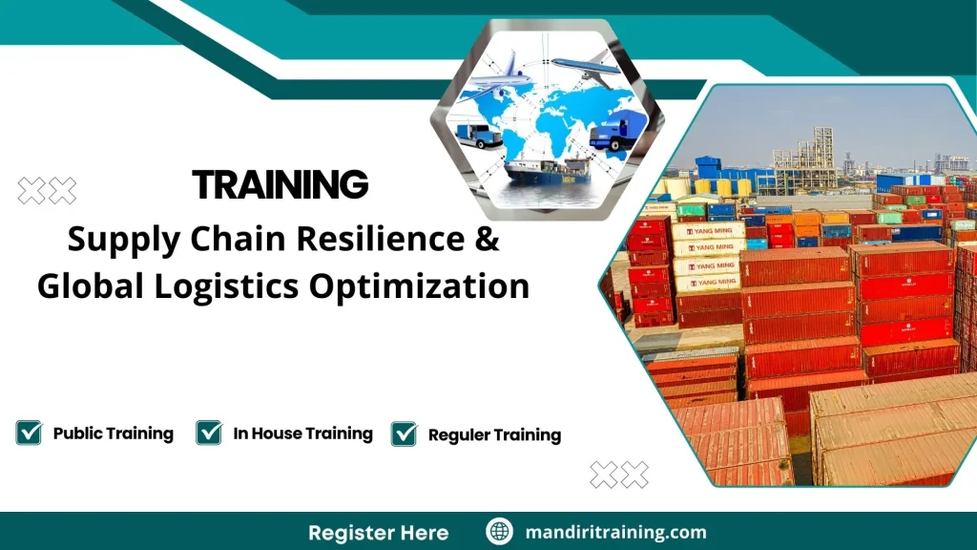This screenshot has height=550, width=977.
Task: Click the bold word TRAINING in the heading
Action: coord(280,184)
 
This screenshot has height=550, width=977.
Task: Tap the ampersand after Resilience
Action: coord(487,240)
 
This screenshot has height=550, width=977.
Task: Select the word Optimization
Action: coord(431,286)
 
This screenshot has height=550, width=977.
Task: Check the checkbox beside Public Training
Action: coord(29,433)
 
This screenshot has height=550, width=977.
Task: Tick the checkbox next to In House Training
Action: coord(208,433)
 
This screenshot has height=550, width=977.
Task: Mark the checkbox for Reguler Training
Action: coord(404,434)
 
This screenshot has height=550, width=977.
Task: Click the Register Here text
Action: coord(378,532)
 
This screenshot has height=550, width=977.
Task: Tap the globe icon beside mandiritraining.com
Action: coord(499,532)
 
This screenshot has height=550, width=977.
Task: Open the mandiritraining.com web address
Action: coord(615,532)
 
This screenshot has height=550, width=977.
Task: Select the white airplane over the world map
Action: coord(495,79)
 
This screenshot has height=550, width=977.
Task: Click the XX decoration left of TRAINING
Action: coord(47,191)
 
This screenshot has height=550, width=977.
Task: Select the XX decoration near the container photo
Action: coord(618,474)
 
